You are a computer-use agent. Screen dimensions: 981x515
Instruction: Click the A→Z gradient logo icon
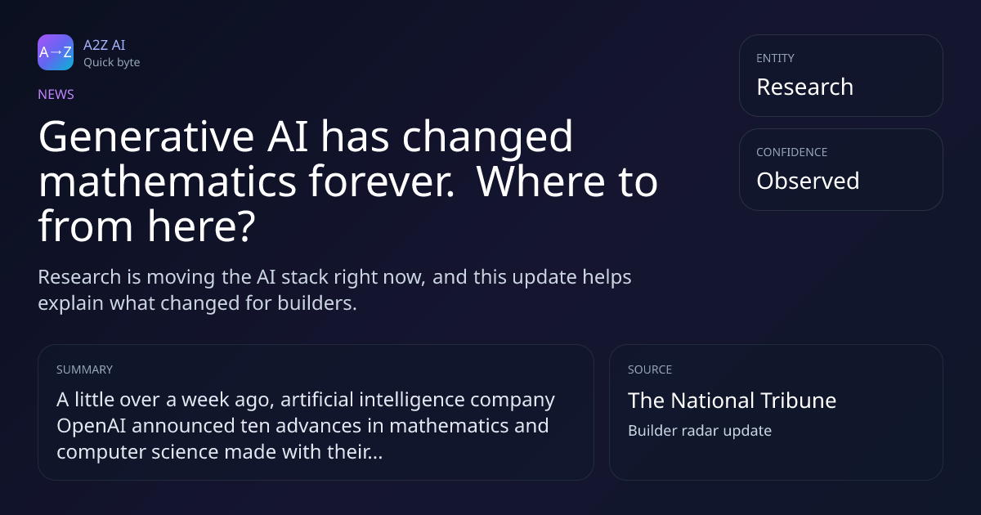56,52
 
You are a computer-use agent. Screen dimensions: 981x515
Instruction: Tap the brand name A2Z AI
105,45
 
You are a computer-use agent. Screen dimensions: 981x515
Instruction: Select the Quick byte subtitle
112,63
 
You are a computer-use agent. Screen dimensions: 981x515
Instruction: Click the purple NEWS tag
56,94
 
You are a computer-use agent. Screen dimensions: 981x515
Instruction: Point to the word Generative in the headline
146,137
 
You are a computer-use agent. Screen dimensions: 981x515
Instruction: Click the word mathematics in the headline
168,181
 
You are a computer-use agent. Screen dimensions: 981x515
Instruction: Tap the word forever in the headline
382,181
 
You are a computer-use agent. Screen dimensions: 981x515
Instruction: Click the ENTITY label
775,58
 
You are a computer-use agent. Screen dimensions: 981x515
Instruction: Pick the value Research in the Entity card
805,87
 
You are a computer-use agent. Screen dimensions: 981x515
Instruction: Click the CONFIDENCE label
792,152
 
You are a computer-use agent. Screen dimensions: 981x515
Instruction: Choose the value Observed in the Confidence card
808,181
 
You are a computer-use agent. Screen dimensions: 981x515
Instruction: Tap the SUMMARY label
84,369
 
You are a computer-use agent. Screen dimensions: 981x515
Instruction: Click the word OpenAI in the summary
91,426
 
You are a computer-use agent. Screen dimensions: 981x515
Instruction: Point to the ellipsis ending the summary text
375,457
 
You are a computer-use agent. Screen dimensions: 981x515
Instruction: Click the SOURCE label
650,369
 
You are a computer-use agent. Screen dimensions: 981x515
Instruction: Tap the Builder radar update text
700,431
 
